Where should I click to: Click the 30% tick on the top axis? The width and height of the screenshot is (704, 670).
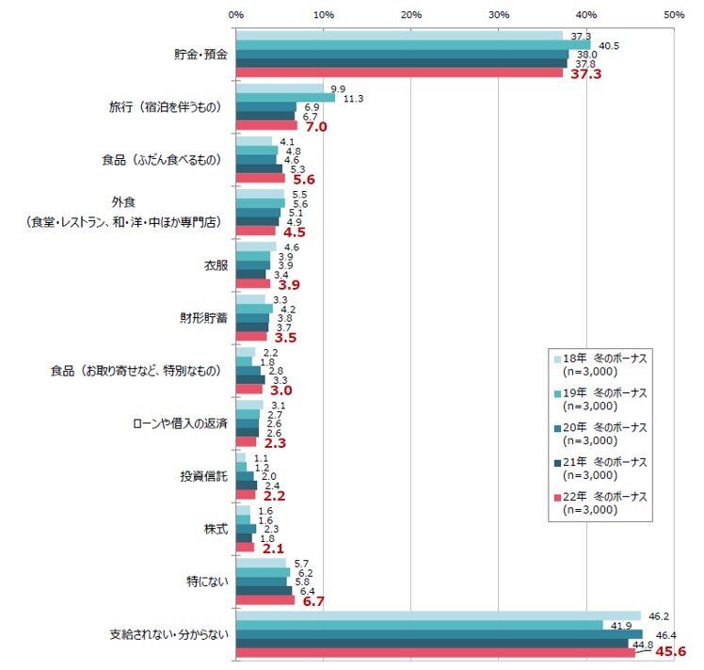pyautogui.click(x=499, y=15)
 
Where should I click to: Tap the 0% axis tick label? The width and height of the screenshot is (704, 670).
pyautogui.click(x=235, y=15)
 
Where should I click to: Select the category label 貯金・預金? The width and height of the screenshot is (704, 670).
pyautogui.click(x=200, y=55)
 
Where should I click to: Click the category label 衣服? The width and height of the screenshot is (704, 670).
pyautogui.click(x=216, y=265)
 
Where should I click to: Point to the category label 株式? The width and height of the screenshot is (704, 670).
pyautogui.click(x=216, y=529)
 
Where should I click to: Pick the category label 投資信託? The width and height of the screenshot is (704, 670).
pyautogui.click(x=204, y=476)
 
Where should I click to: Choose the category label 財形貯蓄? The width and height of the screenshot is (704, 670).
pyautogui.click(x=204, y=318)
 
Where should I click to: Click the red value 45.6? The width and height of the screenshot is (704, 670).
pyautogui.click(x=670, y=651)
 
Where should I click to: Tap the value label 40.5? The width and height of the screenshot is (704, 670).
pyautogui.click(x=609, y=46)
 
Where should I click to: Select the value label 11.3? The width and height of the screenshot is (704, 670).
pyautogui.click(x=353, y=99)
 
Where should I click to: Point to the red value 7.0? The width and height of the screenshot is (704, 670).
pyautogui.click(x=316, y=126)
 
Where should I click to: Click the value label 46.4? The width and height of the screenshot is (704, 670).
pyautogui.click(x=665, y=635)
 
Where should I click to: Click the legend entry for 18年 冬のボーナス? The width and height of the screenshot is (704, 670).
pyautogui.click(x=600, y=365)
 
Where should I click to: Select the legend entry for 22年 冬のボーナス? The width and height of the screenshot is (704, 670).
pyautogui.click(x=600, y=503)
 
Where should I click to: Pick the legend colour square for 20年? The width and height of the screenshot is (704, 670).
pyautogui.click(x=557, y=428)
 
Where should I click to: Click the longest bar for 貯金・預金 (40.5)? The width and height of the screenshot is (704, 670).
pyautogui.click(x=413, y=45)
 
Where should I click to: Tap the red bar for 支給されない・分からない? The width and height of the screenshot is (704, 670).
pyautogui.click(x=436, y=652)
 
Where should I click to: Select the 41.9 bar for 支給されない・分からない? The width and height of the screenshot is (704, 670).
pyautogui.click(x=420, y=625)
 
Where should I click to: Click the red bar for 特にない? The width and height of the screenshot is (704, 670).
pyautogui.click(x=265, y=600)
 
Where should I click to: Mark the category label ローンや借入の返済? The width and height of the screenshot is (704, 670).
pyautogui.click(x=180, y=423)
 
